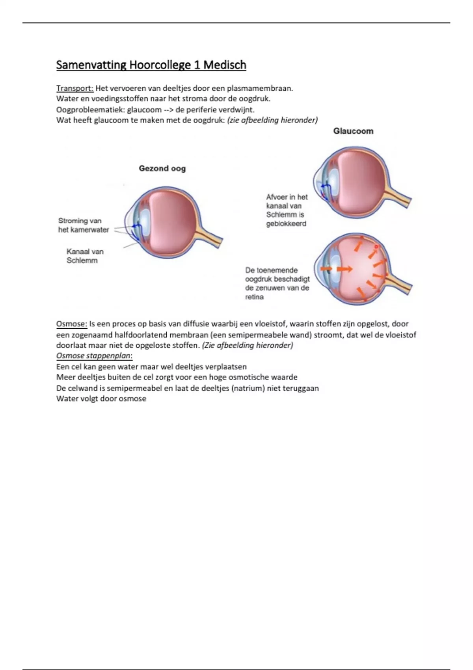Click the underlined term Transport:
point(75,88)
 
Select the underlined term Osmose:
point(71,324)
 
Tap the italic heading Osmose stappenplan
point(94,356)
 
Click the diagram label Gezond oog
point(162,169)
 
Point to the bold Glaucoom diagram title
point(353,131)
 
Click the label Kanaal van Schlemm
point(84,256)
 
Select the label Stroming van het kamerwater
point(83,225)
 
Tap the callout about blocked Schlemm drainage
point(287,210)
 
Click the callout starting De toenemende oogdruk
point(277,283)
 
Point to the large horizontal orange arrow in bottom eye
point(345,269)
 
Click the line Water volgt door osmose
point(101,399)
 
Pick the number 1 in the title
point(197,65)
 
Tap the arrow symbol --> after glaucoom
point(168,110)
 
